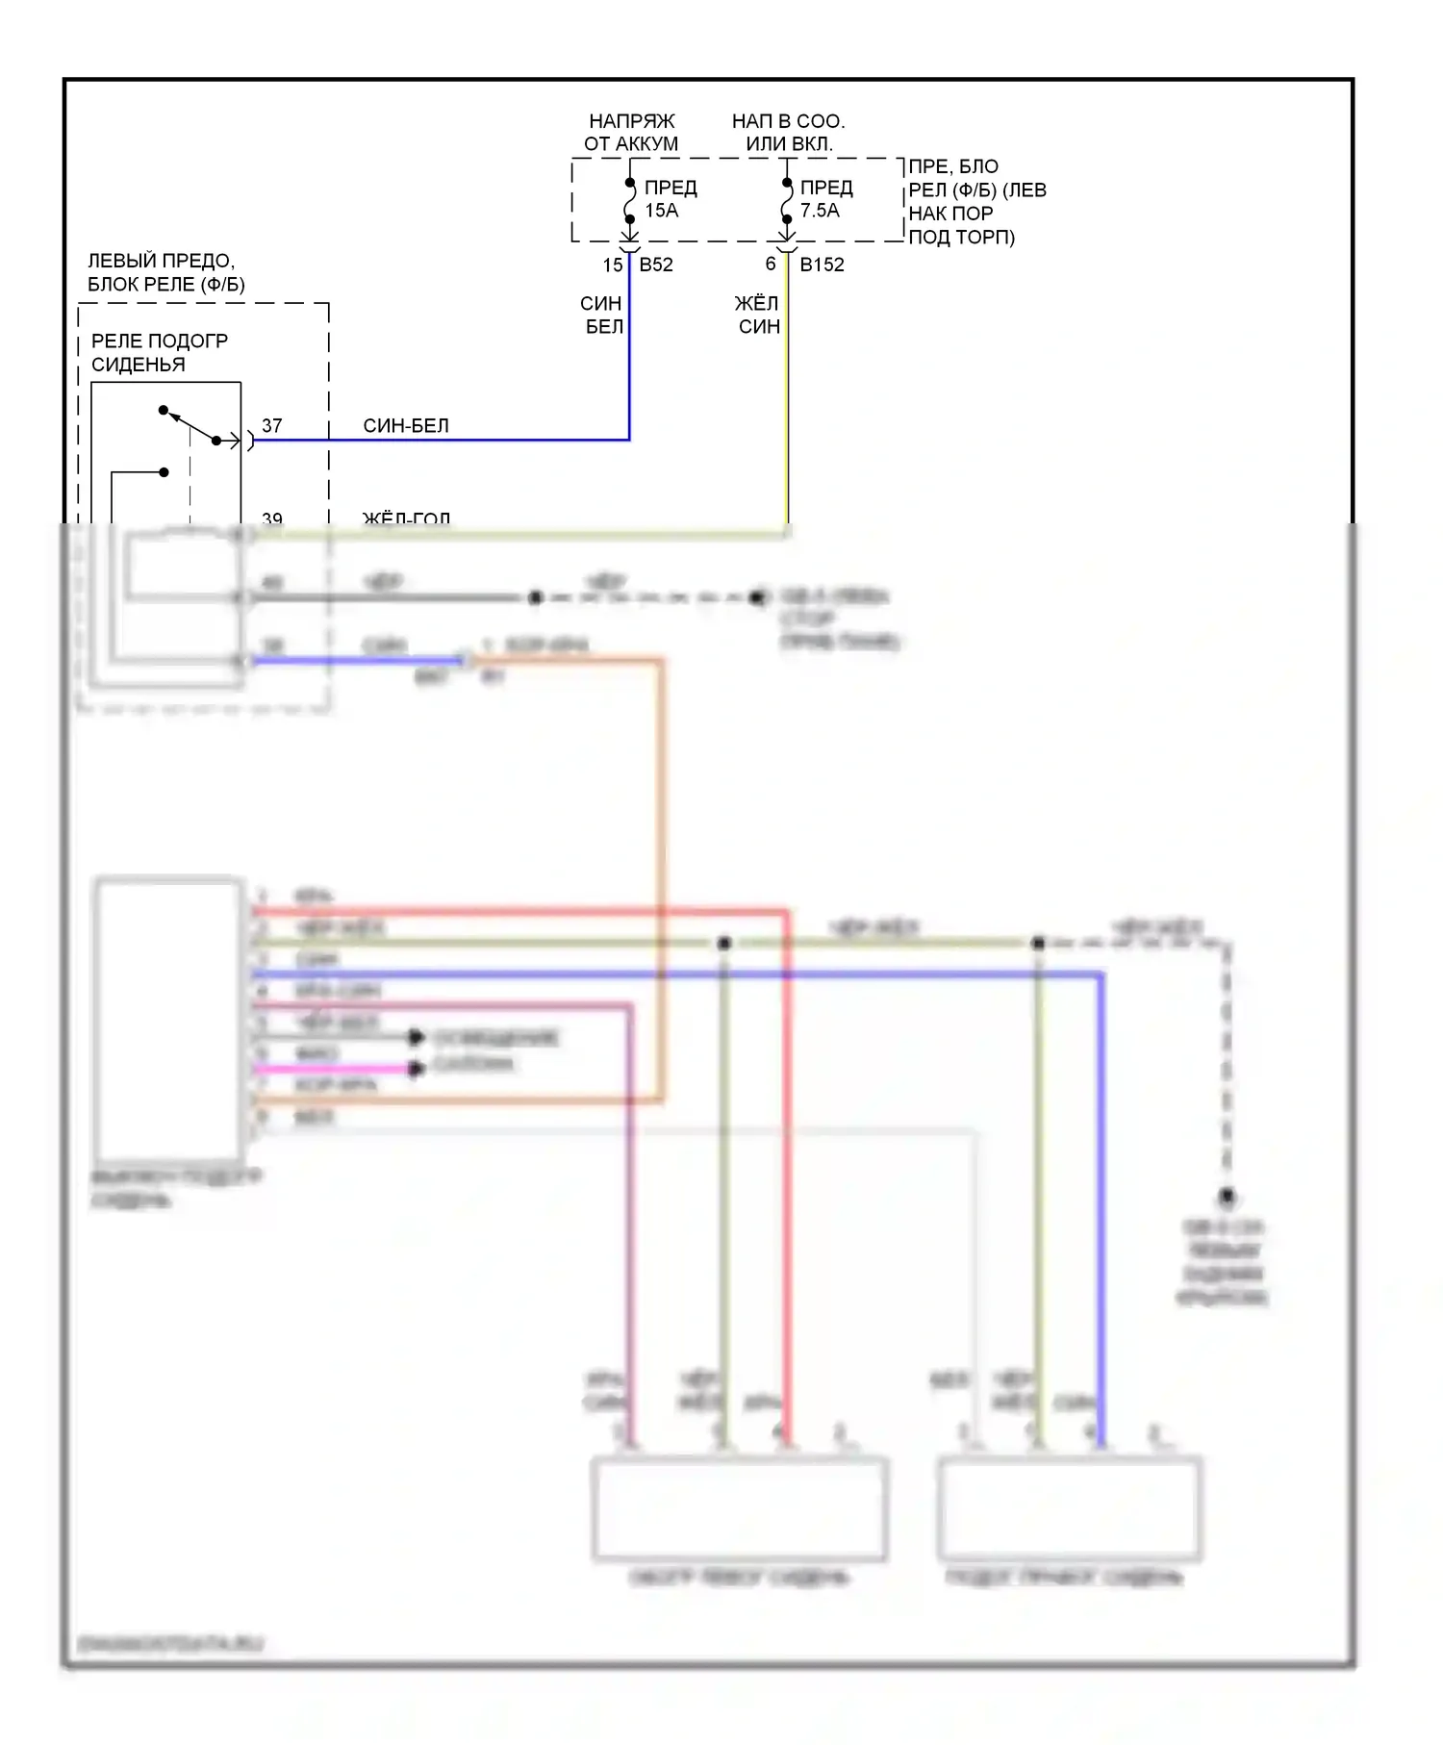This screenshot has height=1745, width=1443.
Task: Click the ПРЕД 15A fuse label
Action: coord(670,199)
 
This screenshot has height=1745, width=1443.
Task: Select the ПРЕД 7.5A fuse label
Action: coord(825,199)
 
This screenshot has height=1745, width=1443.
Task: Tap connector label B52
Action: coord(656,266)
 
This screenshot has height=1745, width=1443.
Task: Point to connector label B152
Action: coord(822,266)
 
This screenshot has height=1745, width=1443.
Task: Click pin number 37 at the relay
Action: coord(272,425)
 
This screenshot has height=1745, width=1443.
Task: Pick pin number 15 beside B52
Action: coord(613,266)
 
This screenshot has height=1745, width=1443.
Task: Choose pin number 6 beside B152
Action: coord(771,265)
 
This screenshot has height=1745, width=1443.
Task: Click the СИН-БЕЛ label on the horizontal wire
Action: coord(406,426)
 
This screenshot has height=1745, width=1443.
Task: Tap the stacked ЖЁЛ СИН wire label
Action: coord(758,316)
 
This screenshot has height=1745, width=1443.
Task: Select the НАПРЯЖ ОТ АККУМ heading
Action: coord(631,133)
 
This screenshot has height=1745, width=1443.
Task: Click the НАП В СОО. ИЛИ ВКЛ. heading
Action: coord(788,133)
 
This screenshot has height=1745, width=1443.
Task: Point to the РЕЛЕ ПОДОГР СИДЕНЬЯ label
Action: coord(159,353)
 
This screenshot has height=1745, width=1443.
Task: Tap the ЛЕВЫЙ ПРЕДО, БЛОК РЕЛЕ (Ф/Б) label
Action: coord(165,273)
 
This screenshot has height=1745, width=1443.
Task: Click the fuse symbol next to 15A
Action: coord(629,201)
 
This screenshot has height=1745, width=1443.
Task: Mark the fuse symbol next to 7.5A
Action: coord(787,201)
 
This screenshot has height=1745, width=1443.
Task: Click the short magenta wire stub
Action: coord(332,1069)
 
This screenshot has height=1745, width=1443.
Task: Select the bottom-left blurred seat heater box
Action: coord(739,1508)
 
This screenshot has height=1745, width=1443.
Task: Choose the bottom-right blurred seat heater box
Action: coord(1069,1508)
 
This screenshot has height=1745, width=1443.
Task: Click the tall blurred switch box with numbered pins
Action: coord(168,1020)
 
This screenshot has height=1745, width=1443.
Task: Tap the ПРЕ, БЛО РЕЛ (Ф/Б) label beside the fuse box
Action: coord(976,202)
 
